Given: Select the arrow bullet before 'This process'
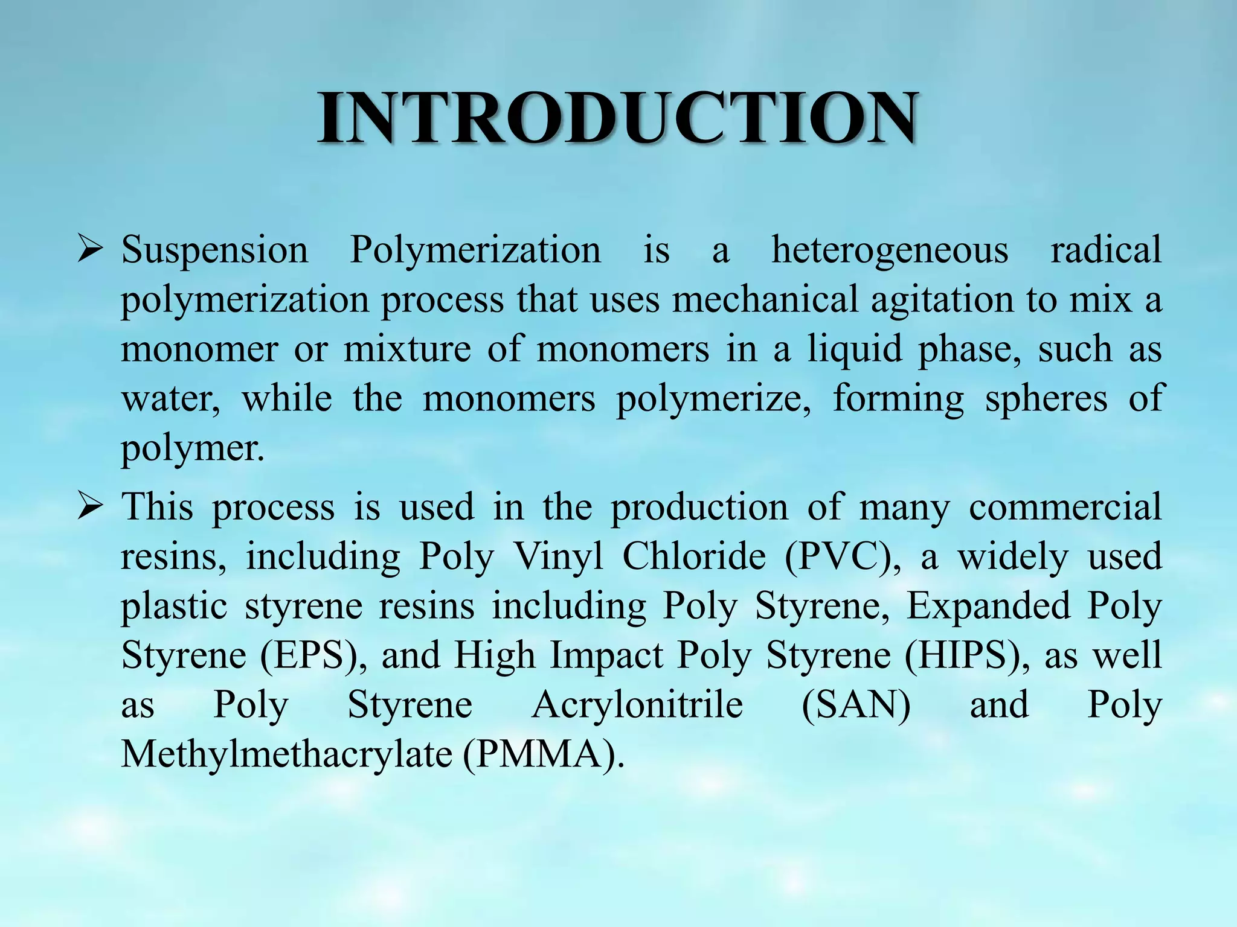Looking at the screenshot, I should tap(91, 507).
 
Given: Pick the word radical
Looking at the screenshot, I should tap(1106, 249).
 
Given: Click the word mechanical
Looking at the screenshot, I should tap(765, 299).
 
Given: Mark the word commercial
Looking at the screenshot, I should tap(1065, 507).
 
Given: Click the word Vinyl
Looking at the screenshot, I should tap(558, 556).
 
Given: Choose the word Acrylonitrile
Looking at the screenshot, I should tap(637, 706).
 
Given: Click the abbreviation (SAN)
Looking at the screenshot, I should tap(856, 706).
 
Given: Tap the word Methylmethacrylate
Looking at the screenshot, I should tap(286, 754).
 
